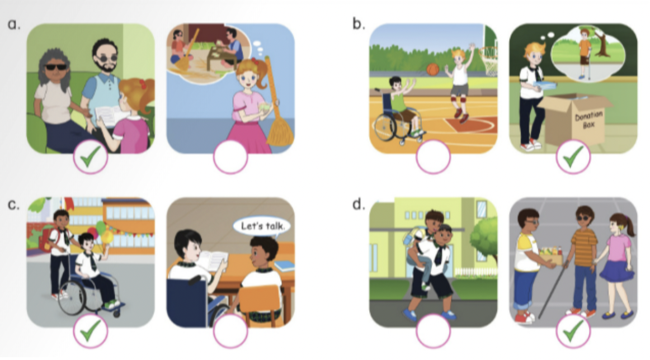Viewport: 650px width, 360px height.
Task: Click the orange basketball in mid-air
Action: pyautogui.click(x=432, y=69)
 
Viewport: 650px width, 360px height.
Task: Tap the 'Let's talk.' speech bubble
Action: pyautogui.click(x=262, y=226)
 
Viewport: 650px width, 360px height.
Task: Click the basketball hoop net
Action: pyautogui.click(x=488, y=62)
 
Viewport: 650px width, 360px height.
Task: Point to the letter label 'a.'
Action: pyautogui.click(x=13, y=24)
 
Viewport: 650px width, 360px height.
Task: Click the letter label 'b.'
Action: pyautogui.click(x=359, y=23)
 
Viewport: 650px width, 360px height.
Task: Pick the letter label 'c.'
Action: pyautogui.click(x=13, y=205)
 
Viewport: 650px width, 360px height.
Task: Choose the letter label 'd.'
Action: pyautogui.click(x=359, y=204)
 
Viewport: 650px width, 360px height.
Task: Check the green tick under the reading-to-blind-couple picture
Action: pyautogui.click(x=91, y=157)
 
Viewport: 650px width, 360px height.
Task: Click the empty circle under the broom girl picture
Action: pyautogui.click(x=230, y=157)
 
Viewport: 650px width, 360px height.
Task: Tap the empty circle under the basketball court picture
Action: pyautogui.click(x=433, y=157)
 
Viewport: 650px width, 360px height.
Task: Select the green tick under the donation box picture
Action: pyautogui.click(x=573, y=157)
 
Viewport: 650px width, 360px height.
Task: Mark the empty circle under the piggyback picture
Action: pyautogui.click(x=433, y=331)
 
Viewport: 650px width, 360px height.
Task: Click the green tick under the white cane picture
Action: pyautogui.click(x=573, y=330)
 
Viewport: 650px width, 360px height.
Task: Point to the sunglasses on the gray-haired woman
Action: pyautogui.click(x=55, y=67)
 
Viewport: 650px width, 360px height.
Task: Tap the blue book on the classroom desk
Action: pyautogui.click(x=284, y=266)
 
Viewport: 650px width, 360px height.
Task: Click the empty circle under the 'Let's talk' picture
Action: pyautogui.click(x=230, y=331)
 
